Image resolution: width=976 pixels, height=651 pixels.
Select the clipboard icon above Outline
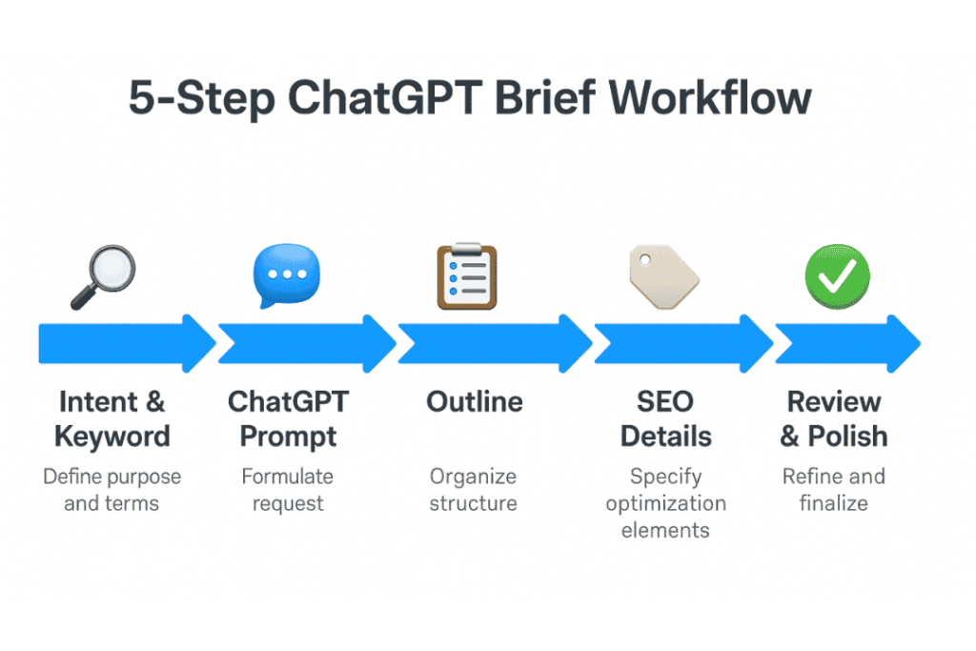point(467,276)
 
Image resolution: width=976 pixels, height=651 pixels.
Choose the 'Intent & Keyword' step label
point(112,418)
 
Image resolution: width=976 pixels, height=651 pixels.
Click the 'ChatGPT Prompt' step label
point(288,418)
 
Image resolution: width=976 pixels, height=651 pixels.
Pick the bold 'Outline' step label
point(474,401)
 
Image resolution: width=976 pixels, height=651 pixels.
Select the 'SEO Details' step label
point(665,418)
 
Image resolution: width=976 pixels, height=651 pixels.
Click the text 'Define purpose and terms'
point(112,489)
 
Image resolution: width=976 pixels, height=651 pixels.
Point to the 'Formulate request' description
point(287,489)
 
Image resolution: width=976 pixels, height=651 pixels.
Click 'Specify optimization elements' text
point(665,502)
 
